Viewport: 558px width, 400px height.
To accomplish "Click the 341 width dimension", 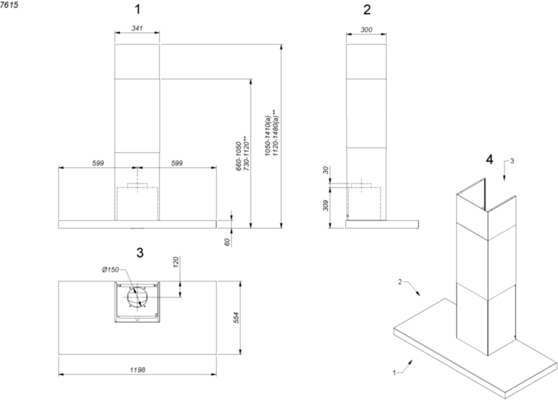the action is (137, 28).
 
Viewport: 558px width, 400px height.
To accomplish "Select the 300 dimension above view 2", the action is (367, 30).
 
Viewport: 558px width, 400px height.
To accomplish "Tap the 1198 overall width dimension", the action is (137, 370).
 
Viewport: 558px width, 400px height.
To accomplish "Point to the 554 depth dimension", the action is (236, 318).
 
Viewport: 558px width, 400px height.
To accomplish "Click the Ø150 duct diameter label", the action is (110, 269).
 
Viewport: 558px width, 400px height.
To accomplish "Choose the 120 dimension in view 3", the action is (176, 262).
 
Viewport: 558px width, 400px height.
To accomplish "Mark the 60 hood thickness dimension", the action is (227, 242).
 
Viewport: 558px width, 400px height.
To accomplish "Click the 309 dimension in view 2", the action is (326, 205).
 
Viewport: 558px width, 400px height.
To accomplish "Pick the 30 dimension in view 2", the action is (326, 170).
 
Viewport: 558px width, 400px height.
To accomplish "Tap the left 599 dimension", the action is (98, 163).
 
